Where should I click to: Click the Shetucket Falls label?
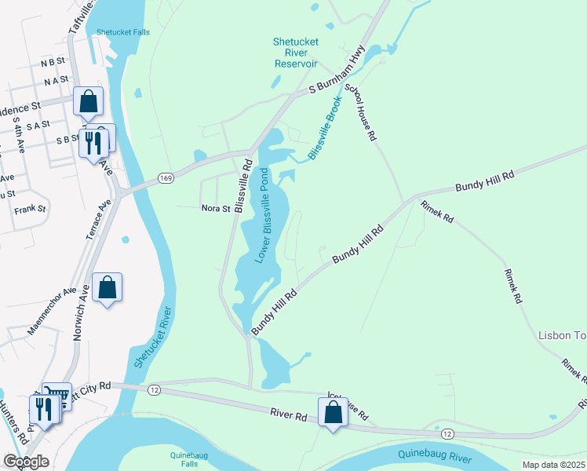(x=122, y=32)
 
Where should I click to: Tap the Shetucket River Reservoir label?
(x=295, y=53)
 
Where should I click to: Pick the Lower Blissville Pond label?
(x=268, y=215)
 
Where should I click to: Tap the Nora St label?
(x=215, y=209)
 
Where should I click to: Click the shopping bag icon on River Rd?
(x=334, y=411)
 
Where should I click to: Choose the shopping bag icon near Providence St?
(x=88, y=100)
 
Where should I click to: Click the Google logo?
(x=26, y=461)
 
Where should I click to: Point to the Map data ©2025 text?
(x=553, y=465)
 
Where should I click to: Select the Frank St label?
(x=31, y=210)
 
